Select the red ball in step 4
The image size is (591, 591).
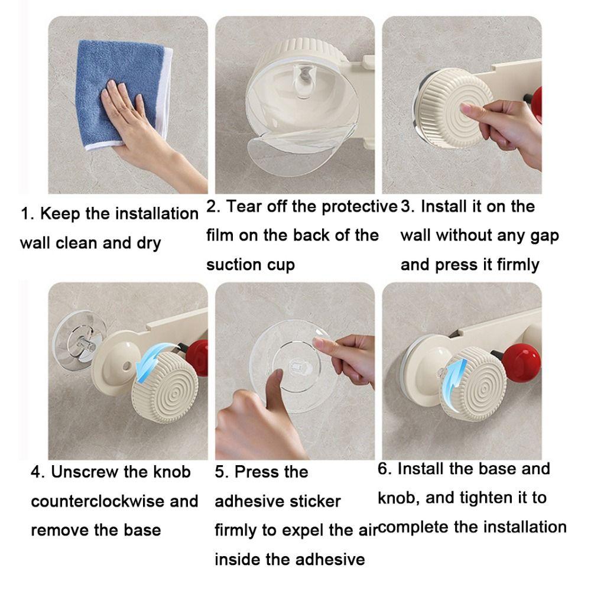pos(198,358)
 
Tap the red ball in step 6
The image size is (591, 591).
pos(521,362)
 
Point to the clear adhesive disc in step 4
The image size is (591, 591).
pos(79,339)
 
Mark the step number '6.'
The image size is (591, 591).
pos(385,469)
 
